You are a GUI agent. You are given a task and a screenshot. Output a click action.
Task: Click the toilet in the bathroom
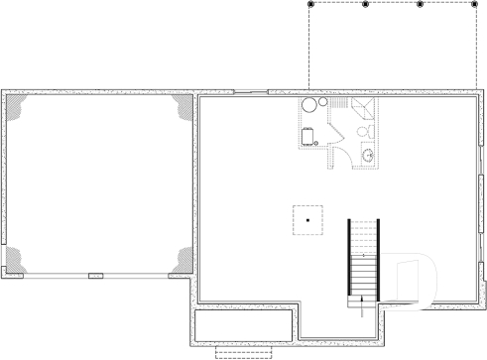pos(363,131)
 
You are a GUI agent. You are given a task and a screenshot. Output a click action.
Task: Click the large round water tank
pos(308,105)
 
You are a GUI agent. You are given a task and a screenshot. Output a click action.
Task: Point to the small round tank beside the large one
pos(321,103)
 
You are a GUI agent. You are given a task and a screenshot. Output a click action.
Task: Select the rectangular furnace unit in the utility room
pos(307,136)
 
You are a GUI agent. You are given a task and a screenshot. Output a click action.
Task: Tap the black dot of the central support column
pos(308,219)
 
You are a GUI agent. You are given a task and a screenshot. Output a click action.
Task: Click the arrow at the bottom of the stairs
pos(364,302)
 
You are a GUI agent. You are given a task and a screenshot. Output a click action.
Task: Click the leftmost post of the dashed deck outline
pos(310,5)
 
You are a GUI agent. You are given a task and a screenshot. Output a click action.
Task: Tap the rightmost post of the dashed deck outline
pos(473,5)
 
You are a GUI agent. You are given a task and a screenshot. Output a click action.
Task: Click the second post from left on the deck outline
pos(365,5)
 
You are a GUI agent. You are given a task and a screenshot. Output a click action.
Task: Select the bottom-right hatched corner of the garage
pos(181,260)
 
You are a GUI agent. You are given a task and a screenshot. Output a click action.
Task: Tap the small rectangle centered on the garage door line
pos(95,275)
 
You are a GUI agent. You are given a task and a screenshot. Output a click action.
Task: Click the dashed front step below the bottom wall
pos(243,351)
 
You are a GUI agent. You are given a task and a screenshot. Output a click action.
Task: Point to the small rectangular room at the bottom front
pos(243,324)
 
